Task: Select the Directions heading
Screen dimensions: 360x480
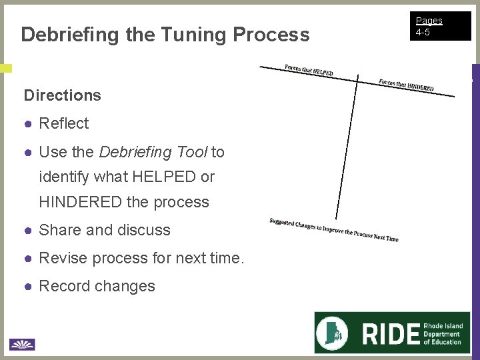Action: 62,95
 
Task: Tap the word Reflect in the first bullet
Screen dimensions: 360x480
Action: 64,123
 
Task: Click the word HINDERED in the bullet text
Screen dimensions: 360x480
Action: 81,202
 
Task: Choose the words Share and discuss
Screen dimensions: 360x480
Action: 105,230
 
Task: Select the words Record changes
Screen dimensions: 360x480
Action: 97,286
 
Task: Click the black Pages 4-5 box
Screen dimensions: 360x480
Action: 441,26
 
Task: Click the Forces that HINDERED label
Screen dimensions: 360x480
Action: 406,85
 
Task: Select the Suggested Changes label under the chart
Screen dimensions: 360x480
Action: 333,230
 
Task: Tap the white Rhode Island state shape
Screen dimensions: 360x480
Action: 335,333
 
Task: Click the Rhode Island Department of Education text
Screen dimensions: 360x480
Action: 443,334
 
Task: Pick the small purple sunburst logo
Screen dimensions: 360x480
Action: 22,344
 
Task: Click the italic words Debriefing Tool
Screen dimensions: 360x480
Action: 153,152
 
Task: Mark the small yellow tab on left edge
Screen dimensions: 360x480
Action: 5,68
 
